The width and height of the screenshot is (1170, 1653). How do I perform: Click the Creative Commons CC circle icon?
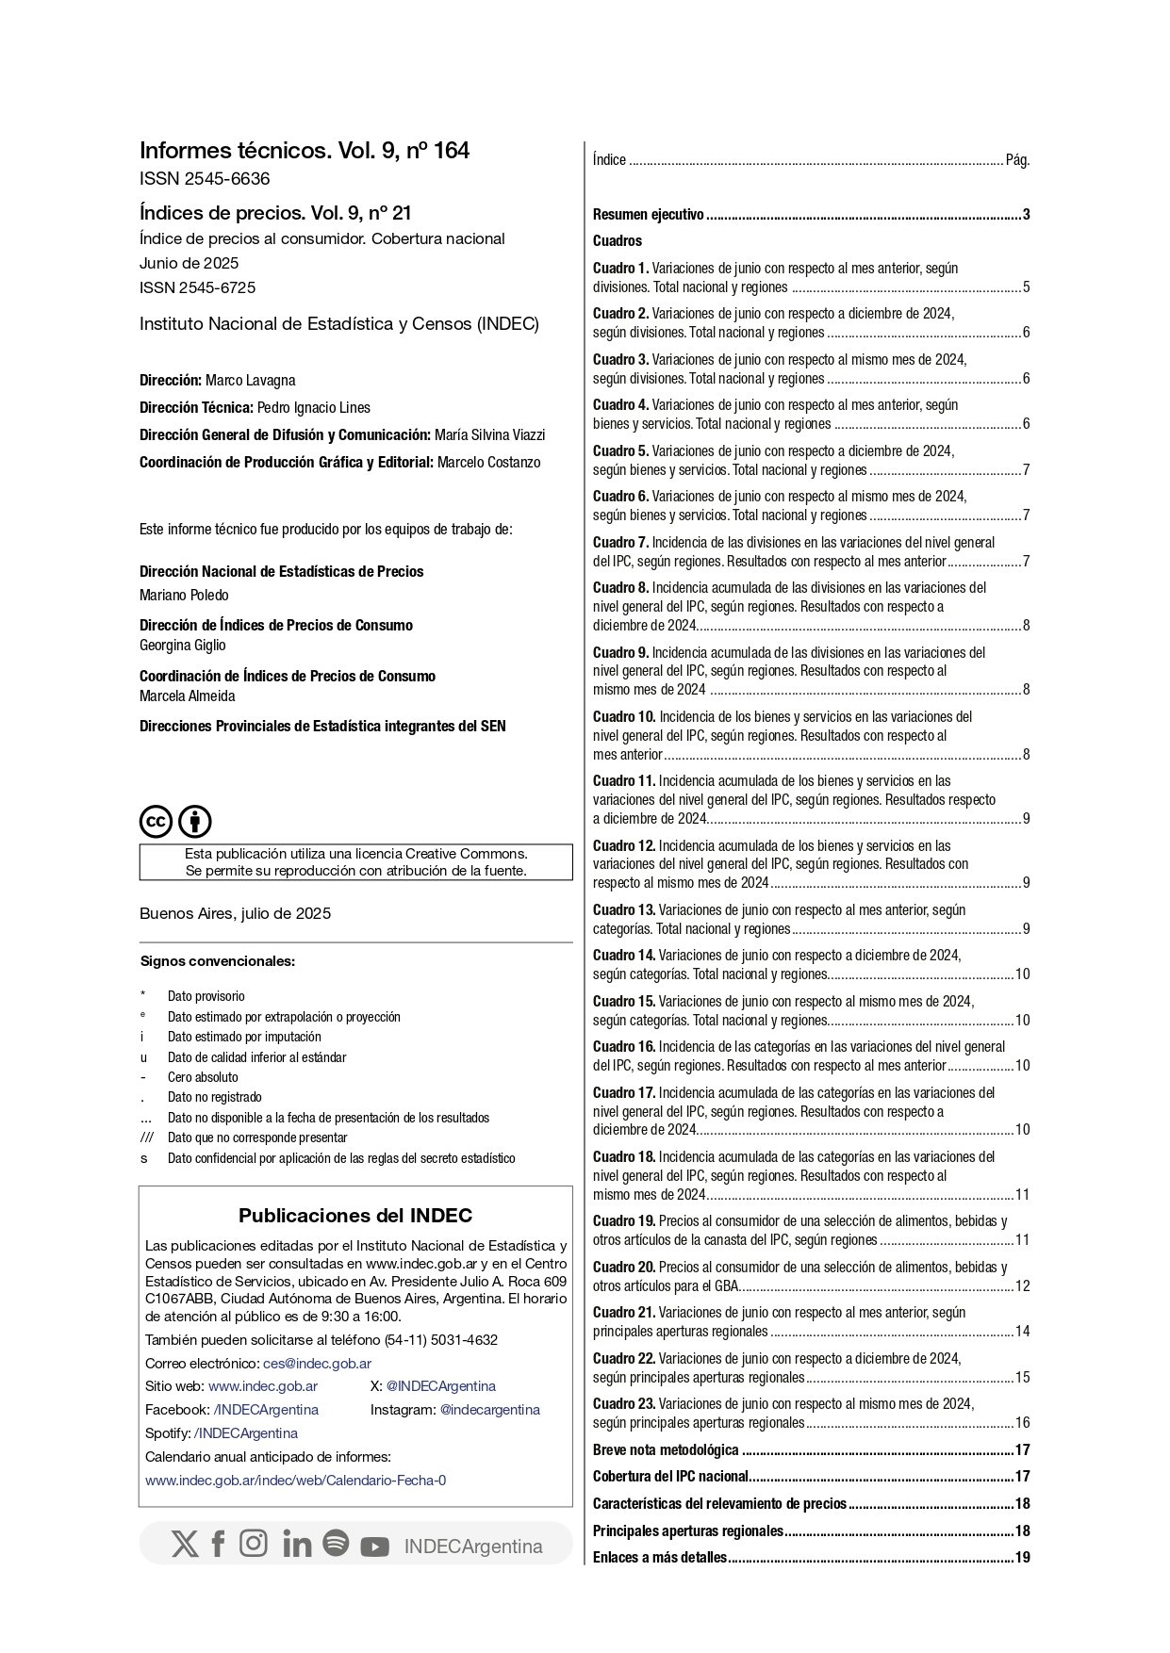(157, 822)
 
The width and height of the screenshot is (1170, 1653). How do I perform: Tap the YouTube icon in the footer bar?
(374, 1547)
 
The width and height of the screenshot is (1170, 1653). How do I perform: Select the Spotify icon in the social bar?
(336, 1544)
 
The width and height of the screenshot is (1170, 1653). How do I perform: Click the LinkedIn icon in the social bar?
(296, 1545)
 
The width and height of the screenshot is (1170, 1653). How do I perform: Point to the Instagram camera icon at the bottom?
(253, 1544)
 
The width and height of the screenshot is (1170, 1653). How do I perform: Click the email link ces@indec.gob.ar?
(317, 1364)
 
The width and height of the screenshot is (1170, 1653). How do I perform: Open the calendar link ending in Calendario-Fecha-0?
(295, 1481)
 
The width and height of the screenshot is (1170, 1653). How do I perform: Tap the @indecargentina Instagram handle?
(489, 1410)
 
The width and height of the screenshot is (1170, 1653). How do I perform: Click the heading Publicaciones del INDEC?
(354, 1216)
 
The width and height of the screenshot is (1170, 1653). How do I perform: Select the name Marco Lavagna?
(250, 381)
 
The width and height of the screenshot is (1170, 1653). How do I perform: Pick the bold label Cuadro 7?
(620, 543)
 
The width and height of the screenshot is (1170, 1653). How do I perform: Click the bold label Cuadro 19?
(623, 1221)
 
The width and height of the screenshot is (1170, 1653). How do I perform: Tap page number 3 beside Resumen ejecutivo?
(1026, 215)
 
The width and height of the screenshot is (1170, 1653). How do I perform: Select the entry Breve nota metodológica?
(666, 1450)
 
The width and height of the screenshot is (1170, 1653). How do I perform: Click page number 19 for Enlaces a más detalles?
(1022, 1558)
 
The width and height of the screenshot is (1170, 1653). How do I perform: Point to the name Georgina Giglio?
(182, 646)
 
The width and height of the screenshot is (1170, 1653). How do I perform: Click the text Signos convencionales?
(217, 962)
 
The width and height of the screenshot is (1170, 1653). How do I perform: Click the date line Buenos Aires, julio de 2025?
(235, 913)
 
